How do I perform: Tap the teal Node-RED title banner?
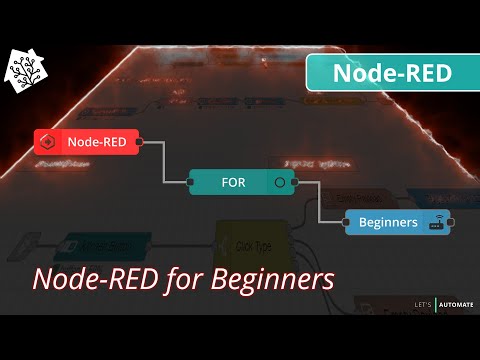[x=392, y=73]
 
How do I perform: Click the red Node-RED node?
[x=88, y=141]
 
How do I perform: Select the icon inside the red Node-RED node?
[x=49, y=141]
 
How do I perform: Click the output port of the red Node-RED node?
[x=139, y=141]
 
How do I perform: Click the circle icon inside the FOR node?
[x=280, y=183]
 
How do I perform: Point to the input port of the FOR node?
[x=190, y=183]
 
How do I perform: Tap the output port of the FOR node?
[x=298, y=183]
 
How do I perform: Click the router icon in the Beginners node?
[x=436, y=223]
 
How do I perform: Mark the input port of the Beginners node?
[x=346, y=222]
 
